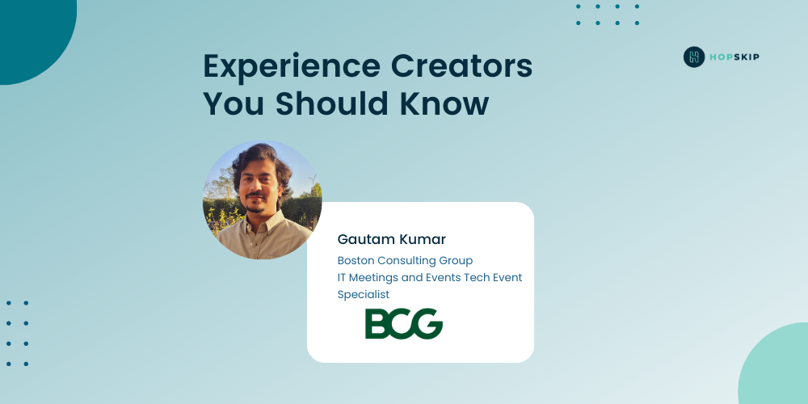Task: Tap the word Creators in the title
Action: tap(461, 66)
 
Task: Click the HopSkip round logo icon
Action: tap(693, 57)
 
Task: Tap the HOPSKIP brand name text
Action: tap(734, 57)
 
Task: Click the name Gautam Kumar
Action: tap(392, 240)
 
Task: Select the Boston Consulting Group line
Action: tap(405, 261)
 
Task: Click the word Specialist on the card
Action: tap(364, 295)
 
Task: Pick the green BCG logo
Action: tap(404, 324)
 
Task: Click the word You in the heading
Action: tap(234, 103)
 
